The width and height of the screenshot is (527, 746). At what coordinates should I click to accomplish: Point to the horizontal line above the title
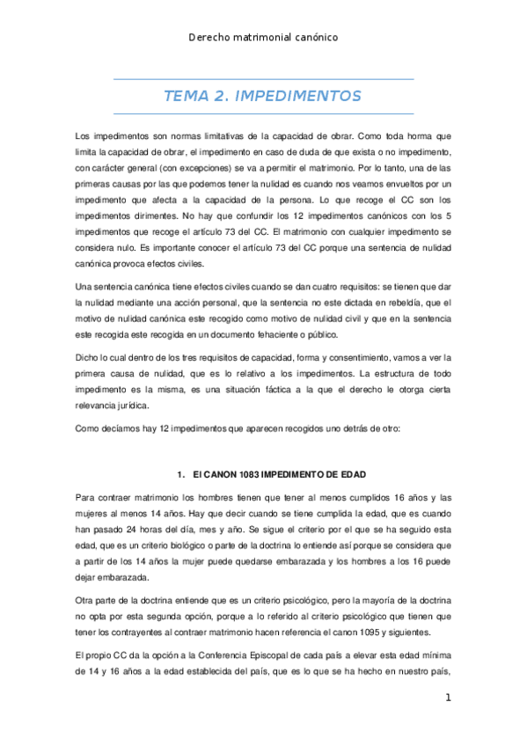click(x=263, y=79)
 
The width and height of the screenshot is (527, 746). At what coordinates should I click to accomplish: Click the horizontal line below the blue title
click(x=263, y=113)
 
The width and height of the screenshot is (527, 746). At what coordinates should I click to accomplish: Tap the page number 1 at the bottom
click(x=448, y=698)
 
